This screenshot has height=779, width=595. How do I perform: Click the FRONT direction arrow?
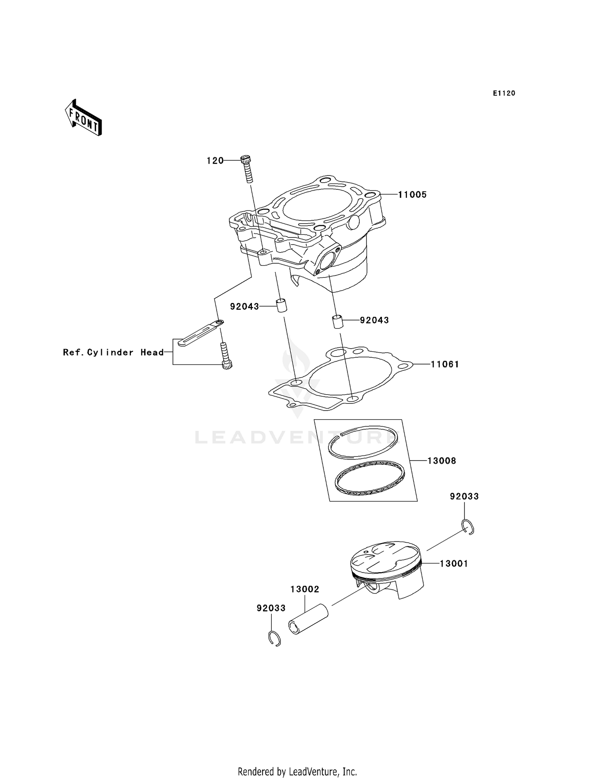(x=83, y=118)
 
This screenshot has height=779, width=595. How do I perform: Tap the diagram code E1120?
(x=504, y=93)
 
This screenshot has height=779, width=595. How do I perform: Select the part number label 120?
(x=215, y=161)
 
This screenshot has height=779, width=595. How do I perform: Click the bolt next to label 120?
(x=247, y=169)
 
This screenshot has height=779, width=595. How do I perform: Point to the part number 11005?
(x=412, y=195)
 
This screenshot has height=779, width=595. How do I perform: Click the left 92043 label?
(x=244, y=307)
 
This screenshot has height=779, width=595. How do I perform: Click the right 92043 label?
(x=374, y=320)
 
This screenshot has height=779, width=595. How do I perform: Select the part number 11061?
(x=445, y=364)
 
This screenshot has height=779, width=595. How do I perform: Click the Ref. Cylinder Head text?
(x=113, y=352)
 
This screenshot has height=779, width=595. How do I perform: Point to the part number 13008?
(x=441, y=461)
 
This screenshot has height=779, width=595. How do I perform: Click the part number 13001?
(x=454, y=563)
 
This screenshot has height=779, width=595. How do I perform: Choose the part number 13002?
(x=305, y=590)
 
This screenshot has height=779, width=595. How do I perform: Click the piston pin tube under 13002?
(x=309, y=619)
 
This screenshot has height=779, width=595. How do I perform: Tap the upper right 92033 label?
(x=464, y=496)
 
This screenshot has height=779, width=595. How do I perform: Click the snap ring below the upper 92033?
(x=468, y=527)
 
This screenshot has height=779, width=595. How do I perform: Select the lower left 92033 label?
(x=271, y=608)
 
